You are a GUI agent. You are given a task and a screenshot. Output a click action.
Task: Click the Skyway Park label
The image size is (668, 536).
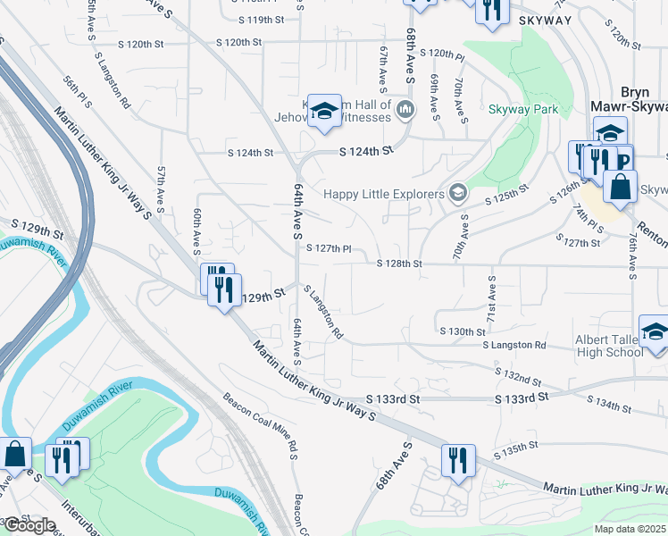(x=523, y=110)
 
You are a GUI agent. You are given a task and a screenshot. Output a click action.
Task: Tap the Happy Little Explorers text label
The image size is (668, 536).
(x=383, y=194)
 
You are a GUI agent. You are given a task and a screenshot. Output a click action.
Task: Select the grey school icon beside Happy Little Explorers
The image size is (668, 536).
(x=458, y=193)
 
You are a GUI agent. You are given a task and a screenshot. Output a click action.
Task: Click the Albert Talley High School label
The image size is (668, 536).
(x=610, y=345)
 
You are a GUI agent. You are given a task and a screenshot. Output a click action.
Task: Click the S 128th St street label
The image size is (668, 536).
(x=398, y=264)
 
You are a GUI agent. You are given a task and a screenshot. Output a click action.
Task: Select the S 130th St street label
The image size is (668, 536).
(x=472, y=331)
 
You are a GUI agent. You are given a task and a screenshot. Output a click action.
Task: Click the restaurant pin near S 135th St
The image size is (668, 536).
(x=458, y=460)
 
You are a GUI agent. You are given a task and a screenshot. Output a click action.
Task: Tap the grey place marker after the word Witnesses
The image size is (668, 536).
(x=406, y=110)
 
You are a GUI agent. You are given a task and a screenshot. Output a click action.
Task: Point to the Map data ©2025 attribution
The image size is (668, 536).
(x=630, y=529)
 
